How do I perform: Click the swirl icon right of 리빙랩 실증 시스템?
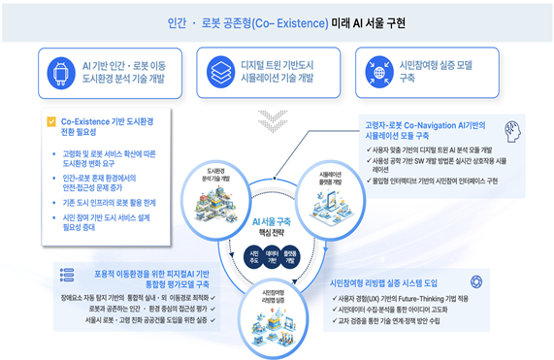pyautogui.click(x=489, y=279)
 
